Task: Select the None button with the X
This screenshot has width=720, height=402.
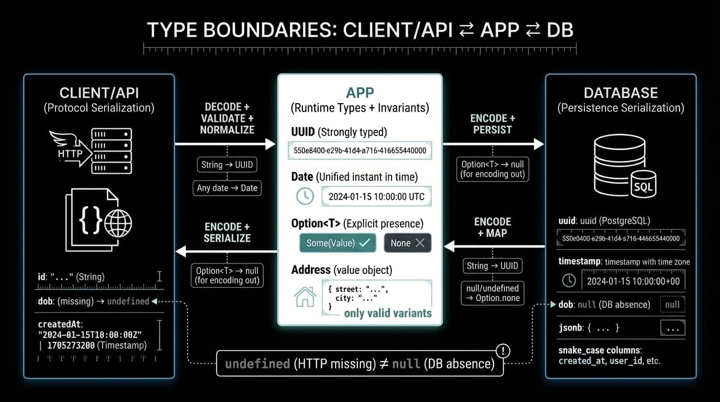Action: (x=407, y=243)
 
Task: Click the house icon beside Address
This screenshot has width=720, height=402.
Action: (x=305, y=296)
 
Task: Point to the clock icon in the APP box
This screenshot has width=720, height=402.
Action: (x=305, y=196)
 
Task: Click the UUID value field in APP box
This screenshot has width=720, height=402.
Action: (x=360, y=151)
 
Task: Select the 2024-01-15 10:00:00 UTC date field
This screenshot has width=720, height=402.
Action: (x=377, y=197)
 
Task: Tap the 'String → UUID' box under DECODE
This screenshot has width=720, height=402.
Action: (x=227, y=165)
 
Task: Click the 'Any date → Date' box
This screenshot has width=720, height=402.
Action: (x=227, y=188)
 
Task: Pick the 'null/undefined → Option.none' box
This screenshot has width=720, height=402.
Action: (x=492, y=293)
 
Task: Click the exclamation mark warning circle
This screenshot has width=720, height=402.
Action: (x=502, y=351)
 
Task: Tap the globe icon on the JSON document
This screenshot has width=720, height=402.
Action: (x=118, y=224)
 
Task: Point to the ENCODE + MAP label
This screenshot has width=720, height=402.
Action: (x=492, y=227)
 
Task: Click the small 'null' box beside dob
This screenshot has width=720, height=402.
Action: (x=672, y=305)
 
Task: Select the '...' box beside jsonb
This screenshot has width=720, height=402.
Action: (x=672, y=328)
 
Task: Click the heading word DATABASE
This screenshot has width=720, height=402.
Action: (x=621, y=93)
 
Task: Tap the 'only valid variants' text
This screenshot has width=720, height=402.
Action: (x=388, y=313)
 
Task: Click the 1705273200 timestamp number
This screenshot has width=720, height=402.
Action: (x=70, y=345)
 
